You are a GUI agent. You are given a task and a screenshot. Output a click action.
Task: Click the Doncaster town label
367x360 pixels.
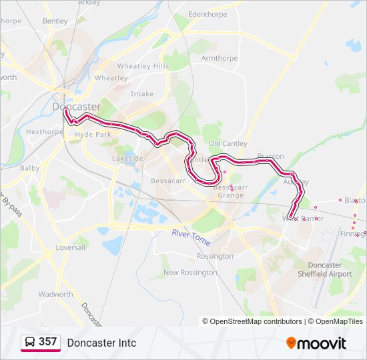pos(76,107)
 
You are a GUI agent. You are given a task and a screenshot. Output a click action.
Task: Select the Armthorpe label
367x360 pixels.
pos(219,59)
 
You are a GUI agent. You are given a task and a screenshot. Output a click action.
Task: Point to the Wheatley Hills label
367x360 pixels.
pos(143,67)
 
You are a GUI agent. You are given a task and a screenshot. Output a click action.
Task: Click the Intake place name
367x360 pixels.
pos(141,94)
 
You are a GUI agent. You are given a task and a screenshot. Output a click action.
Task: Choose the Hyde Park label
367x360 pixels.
pos(93,135)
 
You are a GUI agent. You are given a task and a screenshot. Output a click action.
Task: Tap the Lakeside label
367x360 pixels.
pos(127,159)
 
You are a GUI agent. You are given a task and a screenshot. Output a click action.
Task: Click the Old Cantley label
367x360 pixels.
pos(228,144)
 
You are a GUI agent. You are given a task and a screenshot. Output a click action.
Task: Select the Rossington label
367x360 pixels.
pos(215,256)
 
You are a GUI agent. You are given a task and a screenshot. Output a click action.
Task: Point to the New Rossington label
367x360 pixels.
pos(190,273)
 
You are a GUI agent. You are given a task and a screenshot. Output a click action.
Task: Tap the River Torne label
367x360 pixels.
pos(191,235)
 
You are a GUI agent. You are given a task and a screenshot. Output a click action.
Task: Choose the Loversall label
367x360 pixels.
pos(71,247)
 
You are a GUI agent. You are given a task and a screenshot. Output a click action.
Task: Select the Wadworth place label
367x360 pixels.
pos(55,294)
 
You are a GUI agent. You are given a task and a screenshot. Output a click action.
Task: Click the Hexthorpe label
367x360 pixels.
pos(44,132)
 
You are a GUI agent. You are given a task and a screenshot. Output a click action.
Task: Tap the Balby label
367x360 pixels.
pos(29,169)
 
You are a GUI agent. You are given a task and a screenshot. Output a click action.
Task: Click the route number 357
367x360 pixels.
pos(47,342)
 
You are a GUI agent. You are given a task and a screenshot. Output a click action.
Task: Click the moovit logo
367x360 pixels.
pos(316,343)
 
